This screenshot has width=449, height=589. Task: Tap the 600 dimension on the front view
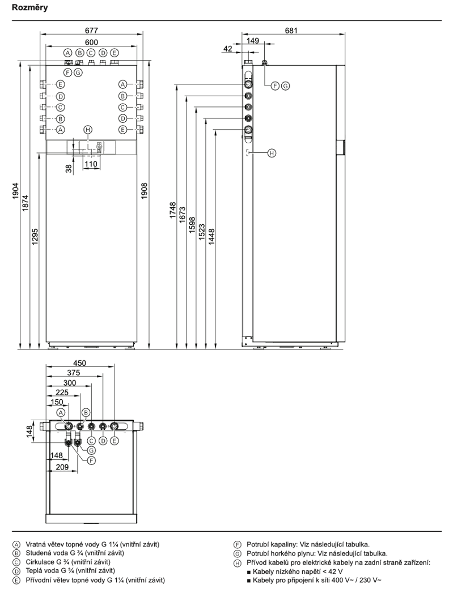[91, 42]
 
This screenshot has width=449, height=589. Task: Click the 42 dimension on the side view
[228, 50]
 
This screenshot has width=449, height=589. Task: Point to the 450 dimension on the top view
[80, 363]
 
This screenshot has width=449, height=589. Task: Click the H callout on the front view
[87, 130]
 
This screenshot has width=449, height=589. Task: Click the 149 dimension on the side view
[253, 40]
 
